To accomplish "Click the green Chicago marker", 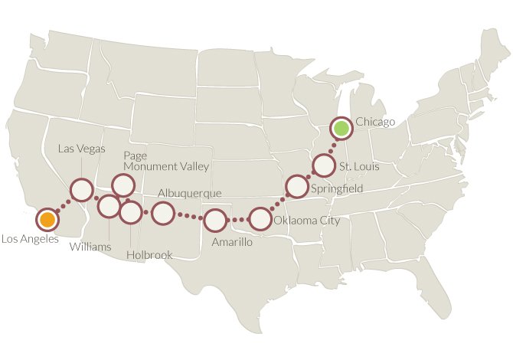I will (341, 127).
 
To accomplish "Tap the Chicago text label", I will (375, 122).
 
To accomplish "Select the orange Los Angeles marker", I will (47, 220).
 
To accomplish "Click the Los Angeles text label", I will (30, 239).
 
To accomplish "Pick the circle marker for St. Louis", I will (324, 165).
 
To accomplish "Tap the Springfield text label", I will (336, 188).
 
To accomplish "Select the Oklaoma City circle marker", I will (261, 219).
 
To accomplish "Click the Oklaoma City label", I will (306, 221).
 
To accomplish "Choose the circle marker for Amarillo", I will (215, 221).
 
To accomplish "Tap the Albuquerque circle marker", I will (162, 213).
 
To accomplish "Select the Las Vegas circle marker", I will (81, 190).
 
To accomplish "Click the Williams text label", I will (90, 247).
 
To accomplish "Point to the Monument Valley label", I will (166, 165).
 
